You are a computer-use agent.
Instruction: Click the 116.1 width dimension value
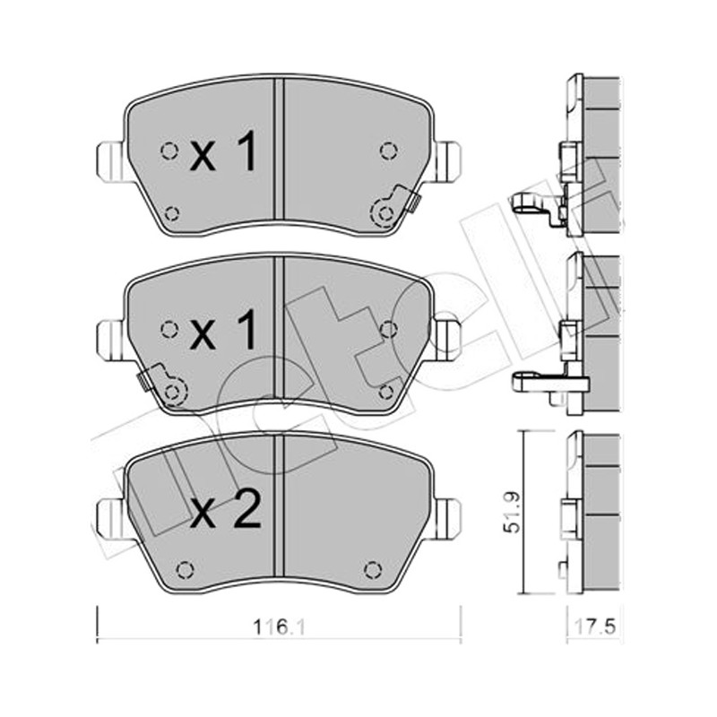tap(279, 627)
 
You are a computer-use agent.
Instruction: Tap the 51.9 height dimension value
tap(512, 511)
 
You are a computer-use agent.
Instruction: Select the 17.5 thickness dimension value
tap(594, 626)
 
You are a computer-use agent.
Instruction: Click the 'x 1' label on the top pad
tap(223, 150)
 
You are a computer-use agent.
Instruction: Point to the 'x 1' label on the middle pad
tap(223, 328)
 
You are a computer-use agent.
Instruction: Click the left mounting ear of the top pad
tap(109, 162)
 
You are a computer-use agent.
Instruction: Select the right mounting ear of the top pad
tap(446, 162)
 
